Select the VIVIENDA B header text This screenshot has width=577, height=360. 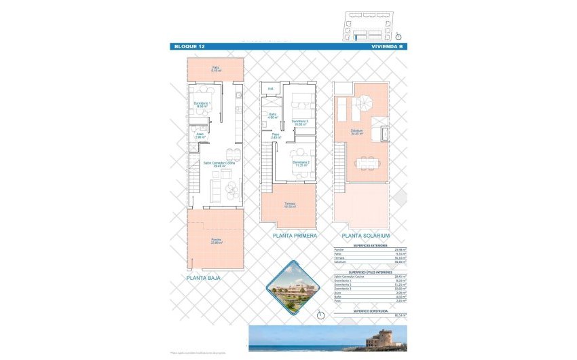388,46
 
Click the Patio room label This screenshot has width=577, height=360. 215,69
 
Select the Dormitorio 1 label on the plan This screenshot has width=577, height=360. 202,105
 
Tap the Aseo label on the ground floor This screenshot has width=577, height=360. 200,135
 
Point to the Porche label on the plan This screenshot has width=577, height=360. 216,241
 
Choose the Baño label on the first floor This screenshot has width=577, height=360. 272,115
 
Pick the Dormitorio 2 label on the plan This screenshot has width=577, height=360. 301,164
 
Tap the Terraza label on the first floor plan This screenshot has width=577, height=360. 290,204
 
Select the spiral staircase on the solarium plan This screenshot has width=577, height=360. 365,104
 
